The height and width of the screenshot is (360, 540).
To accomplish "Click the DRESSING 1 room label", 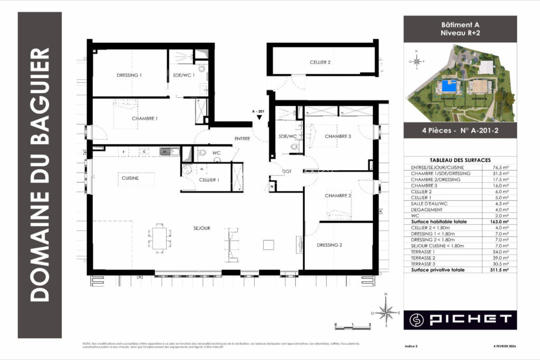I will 129,75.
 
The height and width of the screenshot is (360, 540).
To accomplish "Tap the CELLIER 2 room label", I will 320,62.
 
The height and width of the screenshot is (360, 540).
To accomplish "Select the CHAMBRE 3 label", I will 337,137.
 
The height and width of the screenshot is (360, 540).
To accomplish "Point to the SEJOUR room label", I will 201,228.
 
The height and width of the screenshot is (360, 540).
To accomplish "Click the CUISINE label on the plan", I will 130,178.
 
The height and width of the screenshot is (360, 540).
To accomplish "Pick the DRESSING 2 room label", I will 330,245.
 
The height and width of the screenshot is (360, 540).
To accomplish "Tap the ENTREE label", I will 242,139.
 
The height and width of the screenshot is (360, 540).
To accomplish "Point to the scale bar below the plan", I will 353,325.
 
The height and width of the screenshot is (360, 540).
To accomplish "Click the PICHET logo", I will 460,319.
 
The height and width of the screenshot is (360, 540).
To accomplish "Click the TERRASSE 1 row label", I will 423,252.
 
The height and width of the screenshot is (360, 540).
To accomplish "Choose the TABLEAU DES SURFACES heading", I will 460,160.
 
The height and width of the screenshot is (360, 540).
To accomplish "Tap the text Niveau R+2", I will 460,33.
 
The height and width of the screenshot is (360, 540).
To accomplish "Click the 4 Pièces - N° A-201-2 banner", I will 460,130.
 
